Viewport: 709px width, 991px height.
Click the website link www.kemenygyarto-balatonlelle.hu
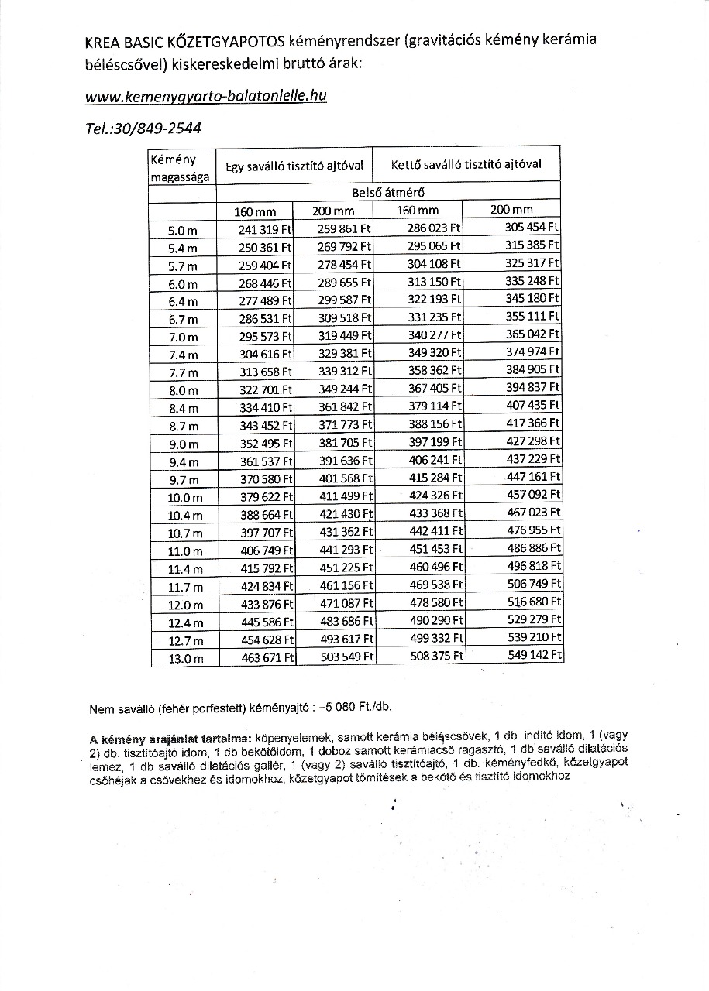coord(205,97)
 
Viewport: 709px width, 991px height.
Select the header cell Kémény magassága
coord(180,167)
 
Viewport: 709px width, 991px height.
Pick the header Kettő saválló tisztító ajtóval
coord(466,164)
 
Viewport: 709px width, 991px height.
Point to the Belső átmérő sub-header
coord(387,193)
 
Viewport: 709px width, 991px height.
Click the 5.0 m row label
coord(183,230)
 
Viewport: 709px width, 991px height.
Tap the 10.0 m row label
coord(186,498)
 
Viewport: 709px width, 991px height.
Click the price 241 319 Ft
coord(265,229)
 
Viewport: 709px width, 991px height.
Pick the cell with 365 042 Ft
coord(532,334)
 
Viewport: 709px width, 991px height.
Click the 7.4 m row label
coord(183,355)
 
